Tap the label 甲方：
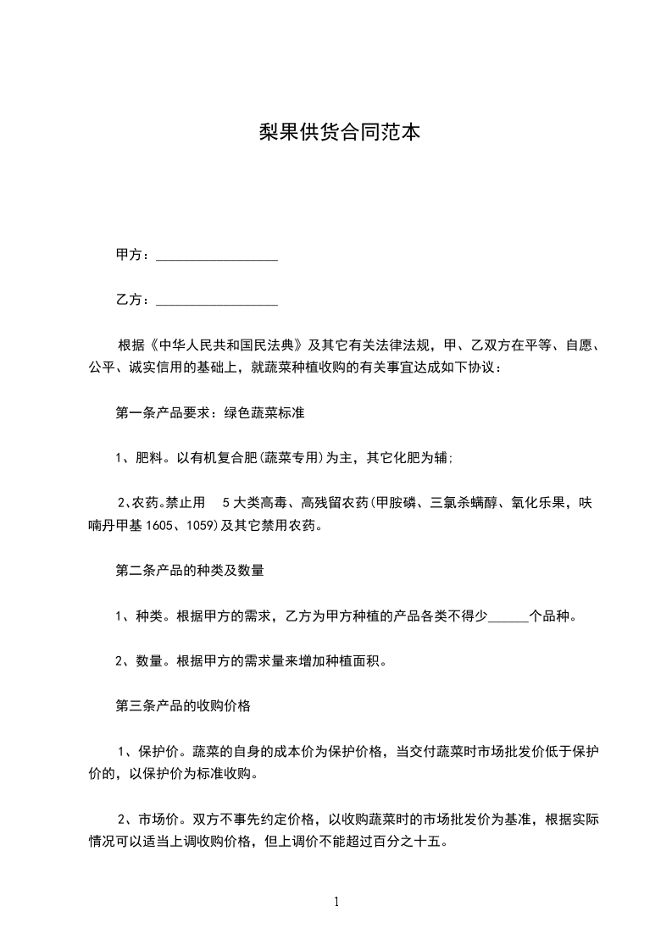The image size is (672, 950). pos(133,255)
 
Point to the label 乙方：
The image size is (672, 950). pos(133,300)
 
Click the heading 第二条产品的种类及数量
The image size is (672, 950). pos(189,571)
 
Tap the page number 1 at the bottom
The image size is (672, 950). pos(336,903)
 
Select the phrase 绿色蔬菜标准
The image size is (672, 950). pos(264,414)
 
